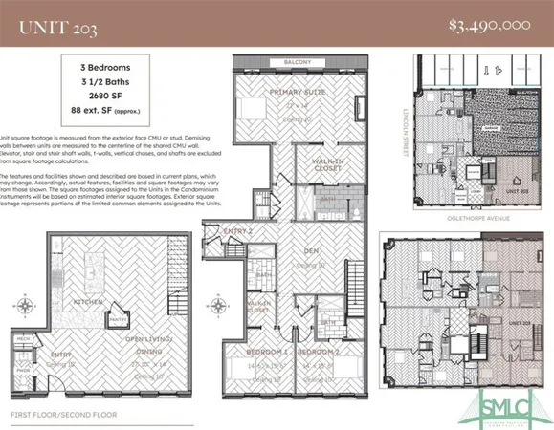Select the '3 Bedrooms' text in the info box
tap(105, 70)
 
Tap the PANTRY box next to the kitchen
tap(117, 321)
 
